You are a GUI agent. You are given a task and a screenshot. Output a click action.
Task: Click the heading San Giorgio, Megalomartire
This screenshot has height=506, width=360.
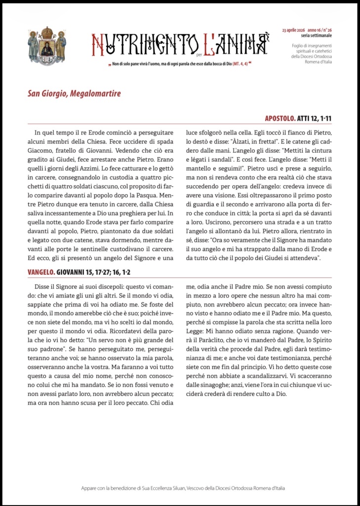coord(74,93)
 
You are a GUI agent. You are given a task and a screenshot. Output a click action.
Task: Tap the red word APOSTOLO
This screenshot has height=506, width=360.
coord(280,118)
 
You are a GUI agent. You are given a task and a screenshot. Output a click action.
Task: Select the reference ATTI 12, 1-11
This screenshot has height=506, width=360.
coord(314,118)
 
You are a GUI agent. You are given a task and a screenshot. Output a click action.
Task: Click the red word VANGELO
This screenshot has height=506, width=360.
coord(41,271)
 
